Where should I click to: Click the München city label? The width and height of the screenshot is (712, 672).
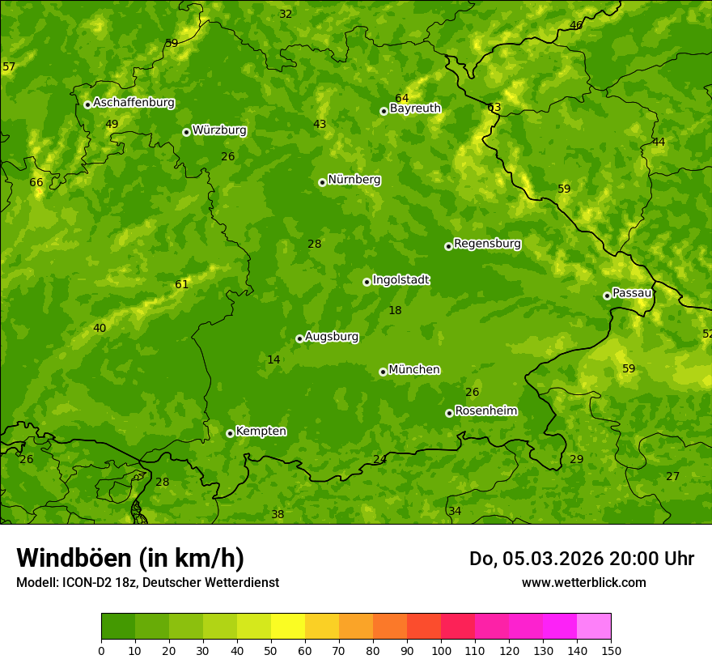pyautogui.click(x=413, y=370)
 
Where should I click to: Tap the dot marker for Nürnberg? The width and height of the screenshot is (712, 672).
pyautogui.click(x=322, y=182)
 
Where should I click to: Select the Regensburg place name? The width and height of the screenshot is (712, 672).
pyautogui.click(x=487, y=244)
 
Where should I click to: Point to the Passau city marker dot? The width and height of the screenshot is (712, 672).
pyautogui.click(x=607, y=296)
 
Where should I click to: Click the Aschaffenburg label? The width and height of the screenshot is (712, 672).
pyautogui.click(x=133, y=103)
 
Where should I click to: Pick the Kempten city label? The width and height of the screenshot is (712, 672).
pyautogui.click(x=261, y=432)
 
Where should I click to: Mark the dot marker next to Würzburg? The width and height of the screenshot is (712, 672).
pyautogui.click(x=186, y=132)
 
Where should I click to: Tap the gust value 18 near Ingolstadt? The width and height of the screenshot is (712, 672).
pyautogui.click(x=395, y=310)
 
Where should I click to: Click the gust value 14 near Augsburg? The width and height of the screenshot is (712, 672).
pyautogui.click(x=273, y=359)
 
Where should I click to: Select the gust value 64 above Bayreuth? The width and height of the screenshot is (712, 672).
pyautogui.click(x=402, y=98)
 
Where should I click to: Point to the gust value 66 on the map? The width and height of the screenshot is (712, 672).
pyautogui.click(x=36, y=182)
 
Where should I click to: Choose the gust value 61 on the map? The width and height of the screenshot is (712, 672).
pyautogui.click(x=181, y=284)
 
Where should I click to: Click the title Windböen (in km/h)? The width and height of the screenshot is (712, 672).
pyautogui.click(x=130, y=558)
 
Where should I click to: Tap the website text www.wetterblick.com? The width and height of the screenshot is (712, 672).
pyautogui.click(x=583, y=582)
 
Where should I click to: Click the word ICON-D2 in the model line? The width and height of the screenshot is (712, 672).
pyautogui.click(x=86, y=582)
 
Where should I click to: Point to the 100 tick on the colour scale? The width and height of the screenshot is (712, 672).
pyautogui.click(x=441, y=650)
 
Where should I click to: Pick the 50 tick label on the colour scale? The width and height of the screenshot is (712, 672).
pyautogui.click(x=271, y=650)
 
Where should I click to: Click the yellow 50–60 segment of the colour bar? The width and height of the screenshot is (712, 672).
pyautogui.click(x=288, y=627)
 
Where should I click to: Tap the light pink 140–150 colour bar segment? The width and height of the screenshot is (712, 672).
pyautogui.click(x=594, y=627)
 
